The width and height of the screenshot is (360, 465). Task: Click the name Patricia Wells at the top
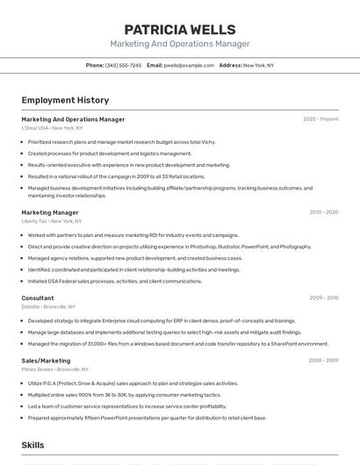[x=179, y=29]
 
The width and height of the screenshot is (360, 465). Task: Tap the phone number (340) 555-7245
[x=123, y=65]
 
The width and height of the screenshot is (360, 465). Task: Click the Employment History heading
[x=65, y=100]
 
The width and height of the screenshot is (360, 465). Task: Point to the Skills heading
[x=33, y=446]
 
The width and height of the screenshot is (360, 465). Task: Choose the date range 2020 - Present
[x=320, y=119]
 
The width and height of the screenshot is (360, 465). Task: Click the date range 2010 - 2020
[x=323, y=212]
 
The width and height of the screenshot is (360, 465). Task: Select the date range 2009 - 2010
[x=323, y=298]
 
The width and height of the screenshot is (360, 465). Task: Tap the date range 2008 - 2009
[x=323, y=361]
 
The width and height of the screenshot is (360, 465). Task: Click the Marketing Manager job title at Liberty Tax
[x=50, y=212]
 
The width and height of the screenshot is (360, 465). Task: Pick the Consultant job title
[x=38, y=298]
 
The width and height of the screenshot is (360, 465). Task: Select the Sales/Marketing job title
[x=46, y=361]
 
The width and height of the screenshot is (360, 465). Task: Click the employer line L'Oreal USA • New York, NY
[x=52, y=128]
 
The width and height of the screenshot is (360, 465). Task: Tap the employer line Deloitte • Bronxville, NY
[x=48, y=307]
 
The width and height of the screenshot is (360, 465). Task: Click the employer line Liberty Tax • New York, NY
[x=53, y=221]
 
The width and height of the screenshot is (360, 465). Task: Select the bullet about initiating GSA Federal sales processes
[x=115, y=282]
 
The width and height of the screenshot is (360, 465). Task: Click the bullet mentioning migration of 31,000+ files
[x=177, y=344]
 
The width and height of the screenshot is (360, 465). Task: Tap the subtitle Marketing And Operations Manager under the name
[x=179, y=44]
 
